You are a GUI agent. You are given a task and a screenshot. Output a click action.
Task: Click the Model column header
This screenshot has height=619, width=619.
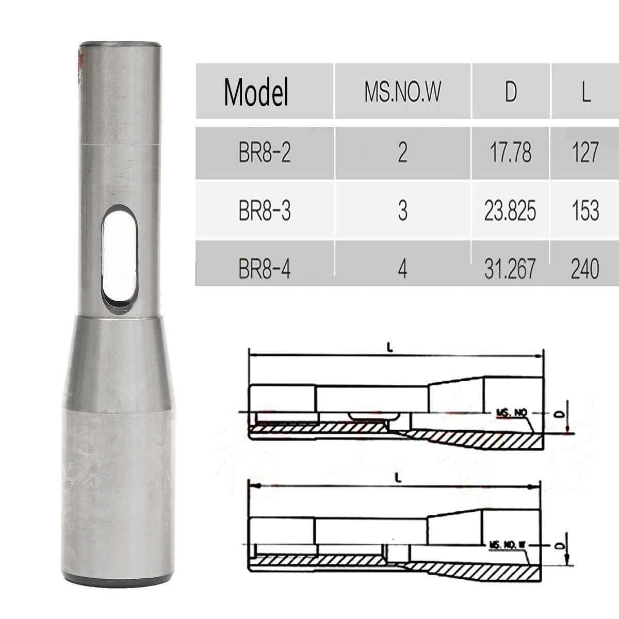256,92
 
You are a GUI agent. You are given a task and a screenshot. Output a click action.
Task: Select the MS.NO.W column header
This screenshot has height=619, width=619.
403,92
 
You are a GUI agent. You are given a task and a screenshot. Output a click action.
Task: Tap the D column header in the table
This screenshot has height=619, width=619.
510,92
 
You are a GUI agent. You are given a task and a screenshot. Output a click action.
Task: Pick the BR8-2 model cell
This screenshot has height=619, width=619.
265,154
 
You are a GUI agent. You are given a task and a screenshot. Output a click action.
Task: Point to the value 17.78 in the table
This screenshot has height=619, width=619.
510,154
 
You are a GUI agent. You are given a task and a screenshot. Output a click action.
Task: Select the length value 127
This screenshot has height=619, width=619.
585,154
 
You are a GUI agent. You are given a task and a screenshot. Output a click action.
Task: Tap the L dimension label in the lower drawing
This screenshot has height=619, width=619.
398,478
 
